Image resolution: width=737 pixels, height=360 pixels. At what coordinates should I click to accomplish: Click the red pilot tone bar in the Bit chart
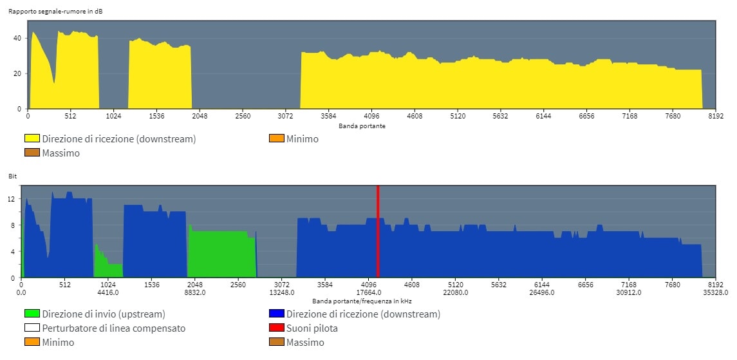click(378, 231)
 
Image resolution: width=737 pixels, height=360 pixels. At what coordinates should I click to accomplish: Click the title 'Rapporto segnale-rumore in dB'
click(56, 12)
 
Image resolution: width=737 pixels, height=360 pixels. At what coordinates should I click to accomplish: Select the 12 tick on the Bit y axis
click(12, 199)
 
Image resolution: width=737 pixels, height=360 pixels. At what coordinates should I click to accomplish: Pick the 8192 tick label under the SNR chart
click(715, 116)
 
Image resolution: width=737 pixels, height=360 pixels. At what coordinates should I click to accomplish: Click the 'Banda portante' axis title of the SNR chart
click(362, 126)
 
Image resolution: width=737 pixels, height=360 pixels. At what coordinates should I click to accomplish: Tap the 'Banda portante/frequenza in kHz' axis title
click(362, 301)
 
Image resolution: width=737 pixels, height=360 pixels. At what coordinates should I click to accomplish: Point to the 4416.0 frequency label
click(108, 292)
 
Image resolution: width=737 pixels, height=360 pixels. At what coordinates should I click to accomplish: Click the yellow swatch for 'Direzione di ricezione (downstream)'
click(32, 138)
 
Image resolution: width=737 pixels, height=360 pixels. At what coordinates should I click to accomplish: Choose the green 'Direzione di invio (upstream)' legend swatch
click(32, 314)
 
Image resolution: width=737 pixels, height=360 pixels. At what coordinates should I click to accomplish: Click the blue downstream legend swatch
click(276, 314)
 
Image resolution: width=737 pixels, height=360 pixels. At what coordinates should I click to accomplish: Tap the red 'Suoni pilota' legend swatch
click(276, 328)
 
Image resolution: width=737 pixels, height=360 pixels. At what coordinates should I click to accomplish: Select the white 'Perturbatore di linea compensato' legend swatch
click(32, 328)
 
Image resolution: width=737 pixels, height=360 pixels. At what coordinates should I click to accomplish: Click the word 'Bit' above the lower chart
click(12, 176)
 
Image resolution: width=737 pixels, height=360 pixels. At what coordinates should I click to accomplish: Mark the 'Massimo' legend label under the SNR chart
click(61, 153)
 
